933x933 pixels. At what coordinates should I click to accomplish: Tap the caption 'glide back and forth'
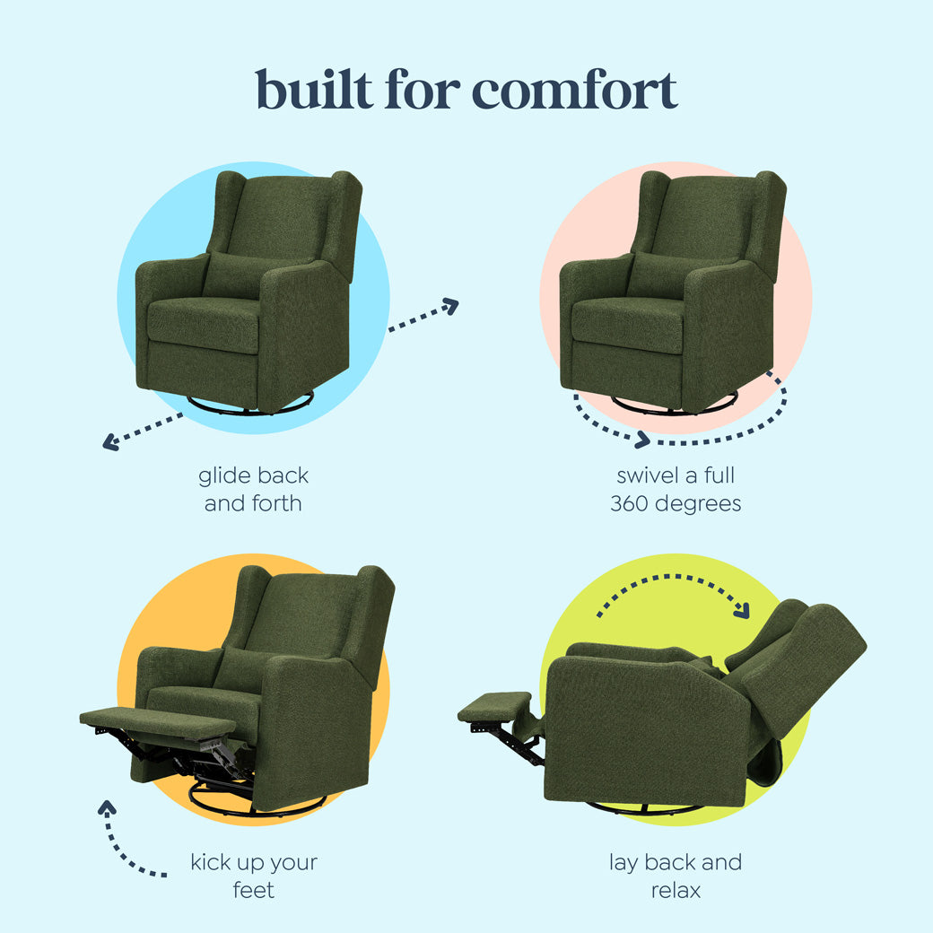(x=253, y=489)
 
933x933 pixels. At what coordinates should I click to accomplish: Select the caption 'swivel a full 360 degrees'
(x=676, y=489)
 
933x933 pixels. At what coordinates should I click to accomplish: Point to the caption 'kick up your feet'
(x=254, y=876)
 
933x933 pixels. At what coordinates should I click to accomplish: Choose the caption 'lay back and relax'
(x=676, y=876)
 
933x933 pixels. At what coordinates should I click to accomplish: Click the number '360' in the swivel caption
(x=630, y=503)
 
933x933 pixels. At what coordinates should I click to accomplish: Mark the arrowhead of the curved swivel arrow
(x=641, y=440)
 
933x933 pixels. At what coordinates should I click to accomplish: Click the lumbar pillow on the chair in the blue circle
(x=231, y=275)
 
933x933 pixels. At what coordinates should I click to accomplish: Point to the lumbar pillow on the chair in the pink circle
(x=656, y=275)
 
